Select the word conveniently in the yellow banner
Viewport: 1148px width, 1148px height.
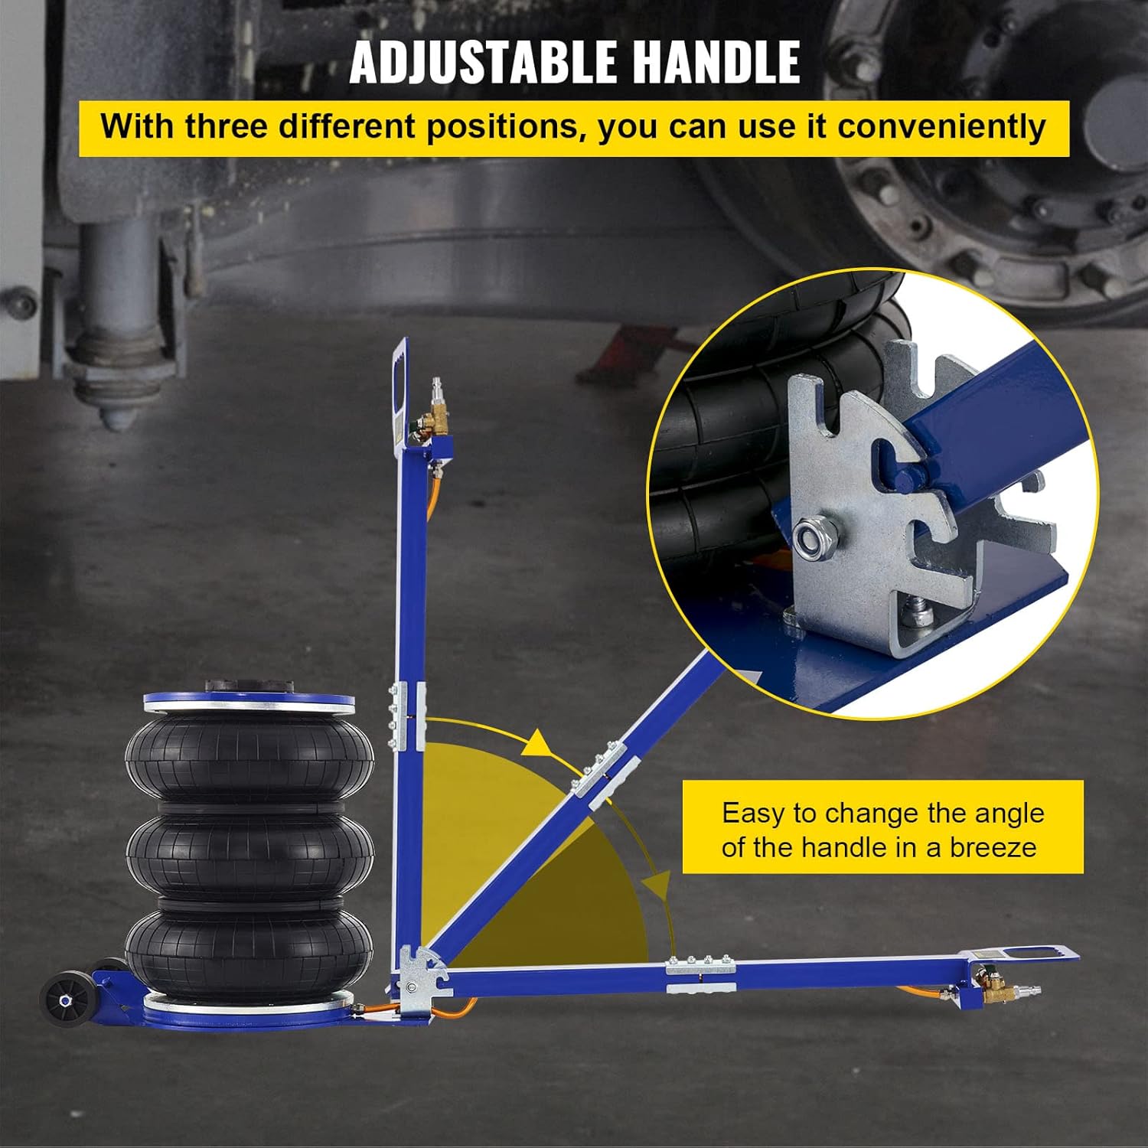[941, 127]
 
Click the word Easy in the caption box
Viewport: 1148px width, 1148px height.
[754, 813]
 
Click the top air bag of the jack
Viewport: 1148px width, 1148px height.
[249, 758]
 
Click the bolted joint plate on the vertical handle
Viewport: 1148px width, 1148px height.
[407, 717]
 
